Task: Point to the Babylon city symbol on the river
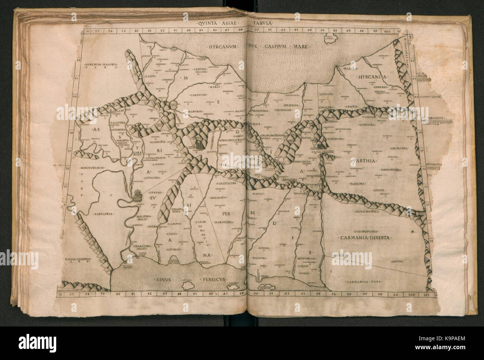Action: coord(137,195)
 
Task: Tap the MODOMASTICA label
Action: coord(367,211)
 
